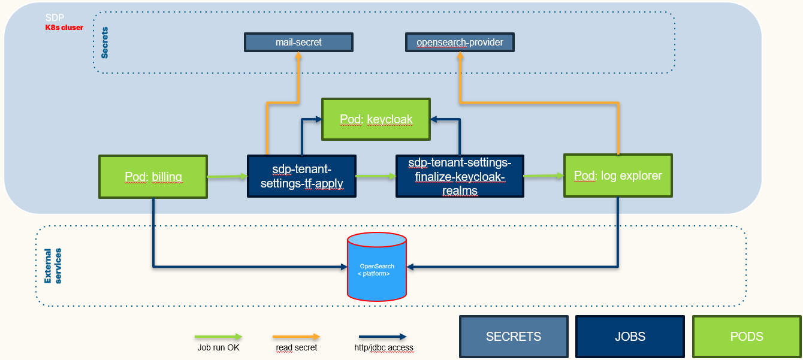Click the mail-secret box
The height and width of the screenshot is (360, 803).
pos(298,42)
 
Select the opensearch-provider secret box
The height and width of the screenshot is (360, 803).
pos(460,43)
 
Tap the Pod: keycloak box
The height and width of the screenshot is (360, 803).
pos(376,119)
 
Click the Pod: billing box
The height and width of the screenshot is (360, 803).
pos(153,177)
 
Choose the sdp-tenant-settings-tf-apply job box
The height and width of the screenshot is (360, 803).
pos(302,176)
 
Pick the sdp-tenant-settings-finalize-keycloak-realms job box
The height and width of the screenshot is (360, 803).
pos(460,176)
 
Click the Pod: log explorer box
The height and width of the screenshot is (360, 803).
pos(618,176)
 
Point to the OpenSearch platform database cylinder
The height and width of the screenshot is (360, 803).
pos(377,267)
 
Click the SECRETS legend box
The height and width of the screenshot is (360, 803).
pos(514,336)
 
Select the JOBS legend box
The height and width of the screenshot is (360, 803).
pos(630,336)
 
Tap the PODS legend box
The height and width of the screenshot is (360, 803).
pos(747,336)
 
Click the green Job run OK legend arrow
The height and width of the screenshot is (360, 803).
pos(218,337)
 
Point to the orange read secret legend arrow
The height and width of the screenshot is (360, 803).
pos(296,337)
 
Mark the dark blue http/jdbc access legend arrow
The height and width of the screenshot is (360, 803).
pos(382,337)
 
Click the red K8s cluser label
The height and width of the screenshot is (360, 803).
pos(64,27)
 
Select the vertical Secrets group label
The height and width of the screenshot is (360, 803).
pos(105,43)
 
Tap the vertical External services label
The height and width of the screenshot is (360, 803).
pos(53,265)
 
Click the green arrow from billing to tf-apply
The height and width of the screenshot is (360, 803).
pos(227,176)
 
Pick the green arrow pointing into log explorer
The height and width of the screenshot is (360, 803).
pos(544,176)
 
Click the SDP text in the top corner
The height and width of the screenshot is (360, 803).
pos(55,18)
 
